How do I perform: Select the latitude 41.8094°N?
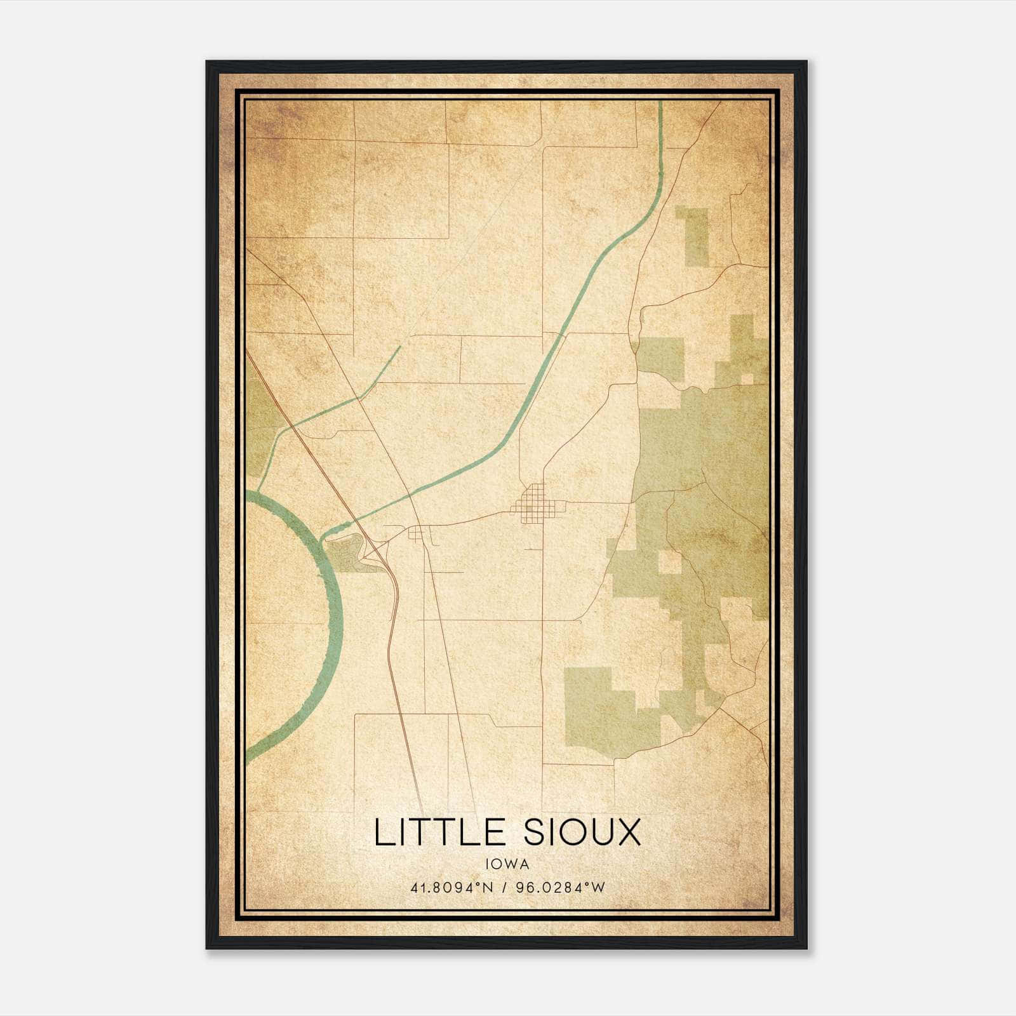coord(452,888)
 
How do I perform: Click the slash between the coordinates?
coord(505,888)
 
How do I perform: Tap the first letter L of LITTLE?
coord(381,832)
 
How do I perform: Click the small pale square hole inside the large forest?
coord(668,562)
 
